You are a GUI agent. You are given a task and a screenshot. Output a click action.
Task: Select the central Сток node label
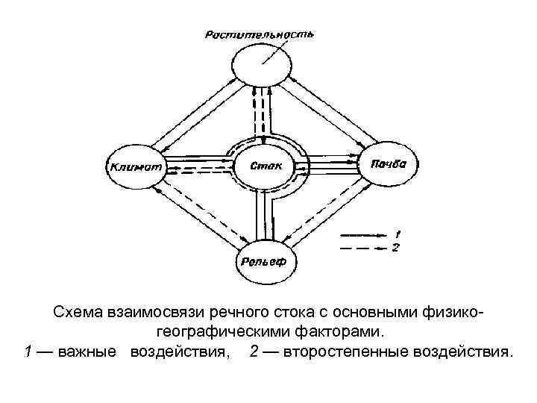pyautogui.click(x=266, y=166)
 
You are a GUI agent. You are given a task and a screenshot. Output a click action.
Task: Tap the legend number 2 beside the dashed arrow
pyautogui.click(x=396, y=246)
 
